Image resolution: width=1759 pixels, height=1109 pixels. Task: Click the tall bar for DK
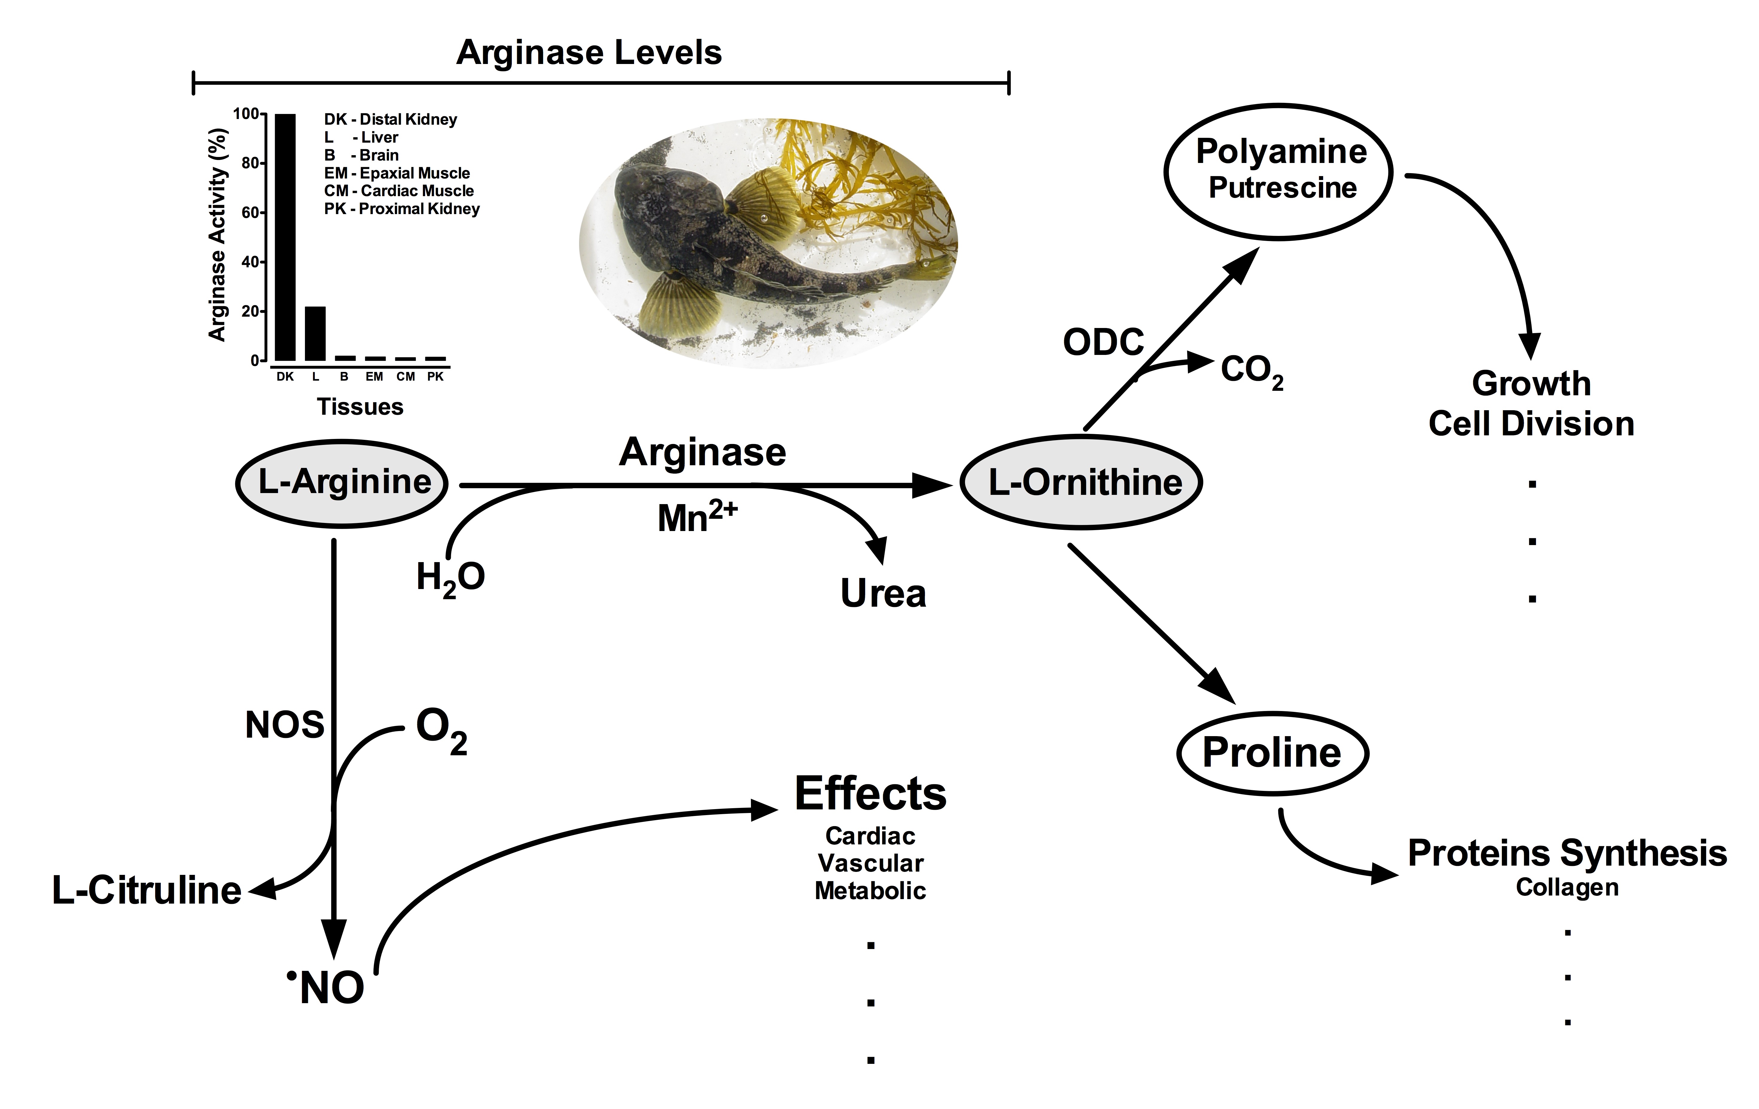(285, 237)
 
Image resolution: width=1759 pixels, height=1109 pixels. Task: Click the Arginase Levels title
(589, 53)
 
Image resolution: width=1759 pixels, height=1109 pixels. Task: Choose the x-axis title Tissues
(360, 407)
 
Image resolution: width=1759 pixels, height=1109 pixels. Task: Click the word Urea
(883, 593)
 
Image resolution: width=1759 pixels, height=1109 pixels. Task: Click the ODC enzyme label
(1103, 342)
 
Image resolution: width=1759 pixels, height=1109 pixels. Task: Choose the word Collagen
(1566, 888)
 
